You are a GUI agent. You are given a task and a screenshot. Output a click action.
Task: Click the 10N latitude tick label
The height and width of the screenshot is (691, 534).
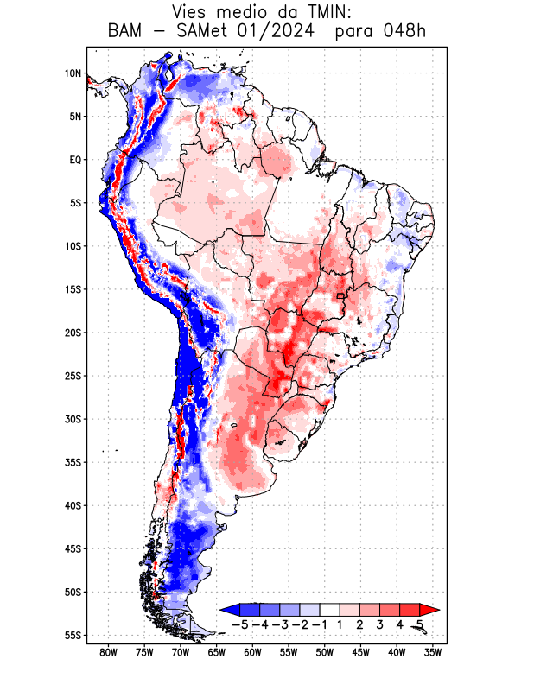coord(73,73)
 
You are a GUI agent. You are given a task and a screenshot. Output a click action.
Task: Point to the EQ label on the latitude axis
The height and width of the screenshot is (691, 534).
coord(74,160)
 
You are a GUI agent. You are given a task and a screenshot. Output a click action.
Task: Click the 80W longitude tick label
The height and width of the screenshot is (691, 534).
coord(108,653)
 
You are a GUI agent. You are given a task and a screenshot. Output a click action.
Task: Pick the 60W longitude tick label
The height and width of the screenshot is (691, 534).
coord(252,653)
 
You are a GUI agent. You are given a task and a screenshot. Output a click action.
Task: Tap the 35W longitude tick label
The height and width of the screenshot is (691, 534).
coord(433,653)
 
